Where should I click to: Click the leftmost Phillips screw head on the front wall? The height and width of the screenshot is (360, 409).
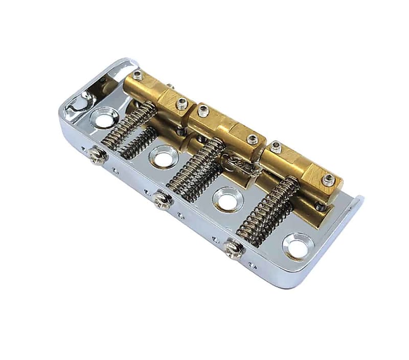(97, 155)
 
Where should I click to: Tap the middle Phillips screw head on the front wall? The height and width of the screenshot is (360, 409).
(162, 200)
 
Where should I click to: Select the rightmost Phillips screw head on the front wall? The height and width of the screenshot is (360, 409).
(234, 249)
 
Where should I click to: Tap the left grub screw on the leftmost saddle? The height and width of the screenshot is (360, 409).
(137, 76)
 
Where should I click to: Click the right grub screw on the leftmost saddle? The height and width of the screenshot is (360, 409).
(181, 104)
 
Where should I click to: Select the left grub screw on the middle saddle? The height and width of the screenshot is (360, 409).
(203, 110)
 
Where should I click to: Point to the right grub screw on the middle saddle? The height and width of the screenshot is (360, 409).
(252, 139)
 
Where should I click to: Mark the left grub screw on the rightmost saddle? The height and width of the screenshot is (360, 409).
(276, 148)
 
